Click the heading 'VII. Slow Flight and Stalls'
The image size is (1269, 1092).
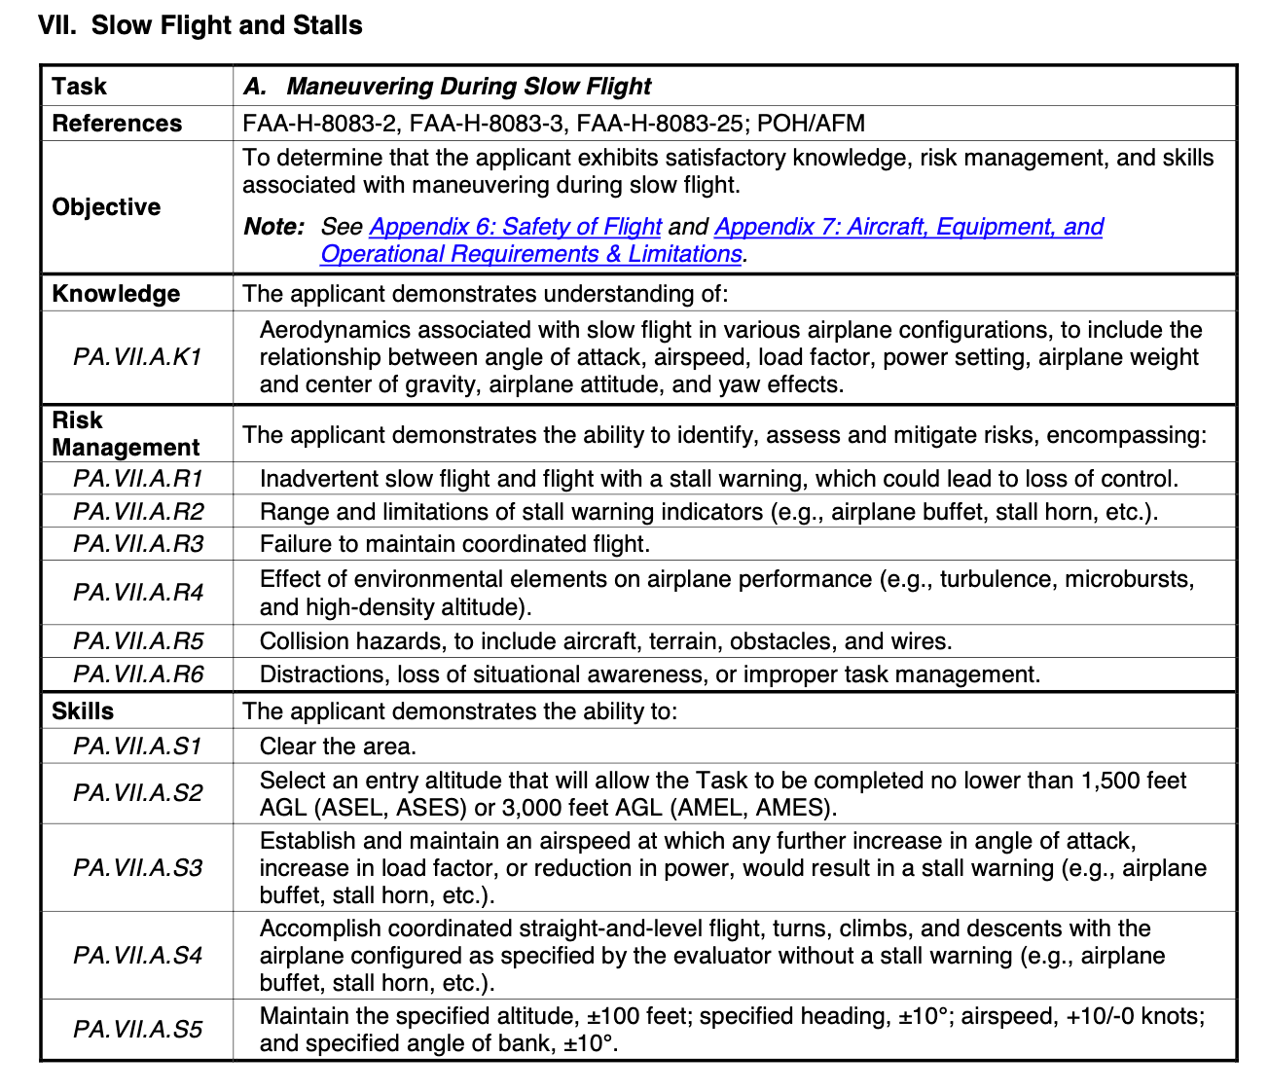pos(200,25)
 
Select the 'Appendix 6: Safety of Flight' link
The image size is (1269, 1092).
pos(515,227)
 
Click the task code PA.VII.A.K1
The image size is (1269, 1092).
pos(137,357)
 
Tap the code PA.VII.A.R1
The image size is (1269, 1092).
pos(137,479)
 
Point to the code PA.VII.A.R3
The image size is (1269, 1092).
pos(137,544)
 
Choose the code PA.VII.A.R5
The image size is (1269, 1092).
pos(137,641)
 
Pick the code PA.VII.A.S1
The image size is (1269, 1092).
pos(137,746)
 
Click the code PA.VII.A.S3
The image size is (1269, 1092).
pos(137,868)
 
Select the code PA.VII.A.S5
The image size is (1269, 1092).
pos(137,1030)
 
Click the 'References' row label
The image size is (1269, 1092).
pos(117,124)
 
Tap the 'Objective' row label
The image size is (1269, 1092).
pos(106,207)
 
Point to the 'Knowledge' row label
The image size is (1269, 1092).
pos(116,294)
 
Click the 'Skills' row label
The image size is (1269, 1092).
pos(83,711)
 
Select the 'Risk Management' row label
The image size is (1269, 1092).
pos(126,434)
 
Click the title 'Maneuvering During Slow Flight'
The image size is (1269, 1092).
pos(468,87)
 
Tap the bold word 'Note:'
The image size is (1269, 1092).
pos(274,227)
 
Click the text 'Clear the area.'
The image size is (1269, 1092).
pos(338,746)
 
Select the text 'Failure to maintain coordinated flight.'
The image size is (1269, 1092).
pos(454,544)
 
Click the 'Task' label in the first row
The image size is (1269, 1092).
pos(79,87)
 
